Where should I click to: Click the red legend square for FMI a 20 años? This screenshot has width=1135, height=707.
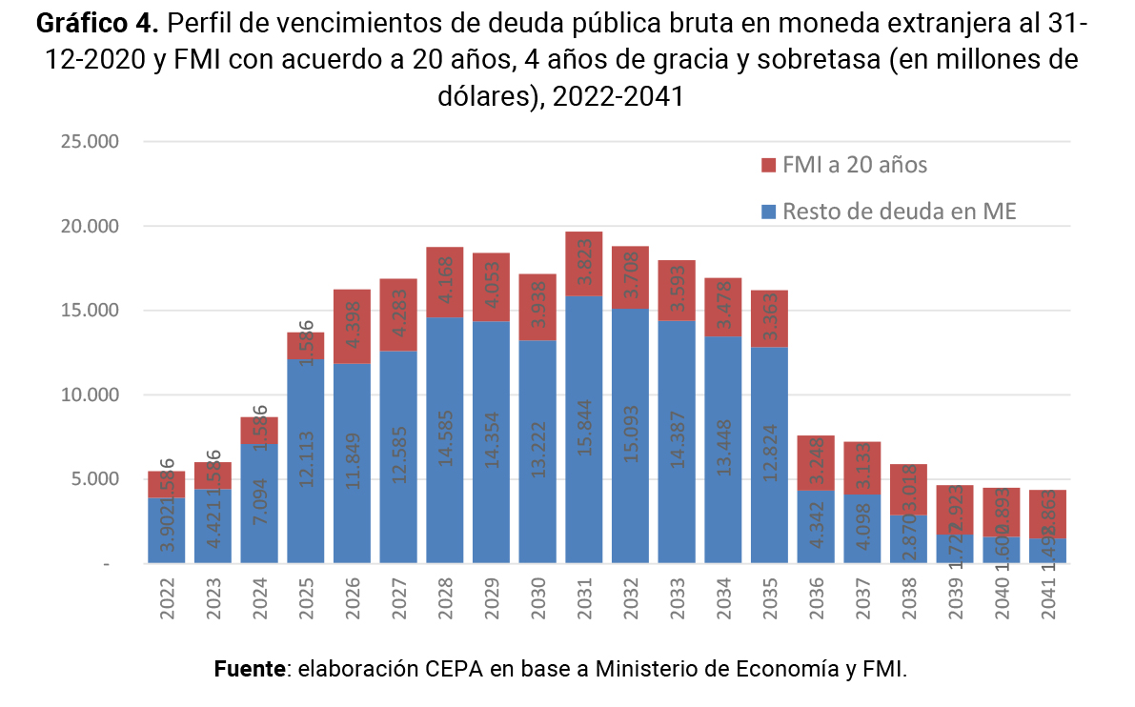pyautogui.click(x=770, y=165)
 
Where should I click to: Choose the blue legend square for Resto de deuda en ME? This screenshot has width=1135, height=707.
pyautogui.click(x=770, y=212)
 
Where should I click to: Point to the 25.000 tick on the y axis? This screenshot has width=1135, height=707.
pyautogui.click(x=87, y=142)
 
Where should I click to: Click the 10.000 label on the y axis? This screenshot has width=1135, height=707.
pyautogui.click(x=87, y=394)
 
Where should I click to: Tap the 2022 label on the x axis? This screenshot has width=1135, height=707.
pyautogui.click(x=167, y=598)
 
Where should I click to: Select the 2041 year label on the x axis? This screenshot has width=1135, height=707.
pyautogui.click(x=1048, y=598)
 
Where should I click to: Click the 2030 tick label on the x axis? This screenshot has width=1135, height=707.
pyautogui.click(x=537, y=598)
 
